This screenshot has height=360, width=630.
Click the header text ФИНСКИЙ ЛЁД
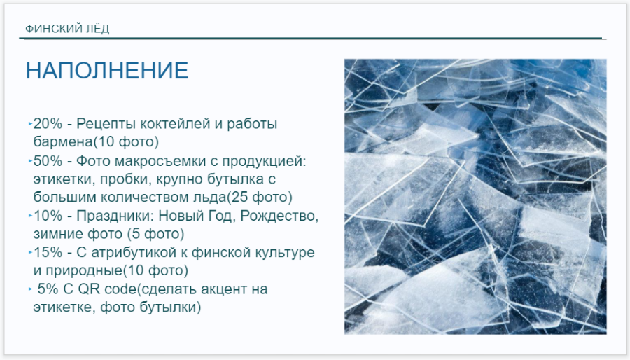click(x=67, y=29)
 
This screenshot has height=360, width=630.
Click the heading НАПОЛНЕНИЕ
click(x=107, y=71)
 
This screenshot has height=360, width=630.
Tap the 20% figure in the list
click(x=48, y=124)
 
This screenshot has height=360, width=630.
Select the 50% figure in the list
click(x=48, y=161)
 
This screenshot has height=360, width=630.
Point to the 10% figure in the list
click(x=48, y=216)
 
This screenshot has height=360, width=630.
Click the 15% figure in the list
click(x=48, y=252)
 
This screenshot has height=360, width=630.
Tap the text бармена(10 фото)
click(x=96, y=142)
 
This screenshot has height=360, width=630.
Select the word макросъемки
click(x=162, y=161)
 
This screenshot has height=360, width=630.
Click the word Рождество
click(x=281, y=216)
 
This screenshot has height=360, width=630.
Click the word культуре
click(x=279, y=252)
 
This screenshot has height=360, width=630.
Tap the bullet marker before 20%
click(x=30, y=124)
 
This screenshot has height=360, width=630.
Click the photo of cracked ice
click(x=475, y=196)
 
